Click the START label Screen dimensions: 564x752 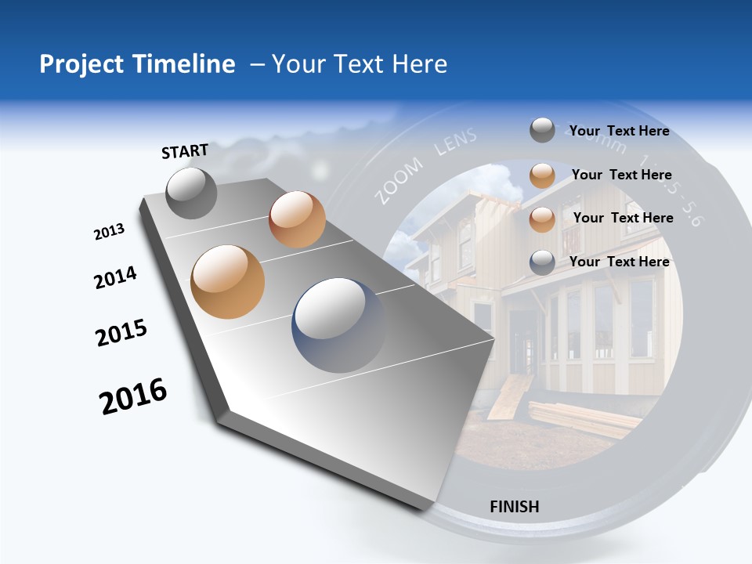pyautogui.click(x=185, y=151)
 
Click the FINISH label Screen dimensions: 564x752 pyautogui.click(x=514, y=507)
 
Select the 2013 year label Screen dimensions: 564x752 pyautogui.click(x=109, y=232)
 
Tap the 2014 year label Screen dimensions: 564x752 pyautogui.click(x=115, y=278)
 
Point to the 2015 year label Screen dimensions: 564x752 pyautogui.click(x=121, y=333)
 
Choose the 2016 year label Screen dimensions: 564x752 pyautogui.click(x=133, y=396)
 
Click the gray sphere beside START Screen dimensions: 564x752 pyautogui.click(x=191, y=193)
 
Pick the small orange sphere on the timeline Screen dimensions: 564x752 pyautogui.click(x=297, y=219)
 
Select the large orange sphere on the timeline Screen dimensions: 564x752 pyautogui.click(x=228, y=281)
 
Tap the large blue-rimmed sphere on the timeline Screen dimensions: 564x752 pyautogui.click(x=338, y=325)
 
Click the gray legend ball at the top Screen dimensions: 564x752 pyautogui.click(x=542, y=131)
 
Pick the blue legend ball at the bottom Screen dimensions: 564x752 pyautogui.click(x=542, y=262)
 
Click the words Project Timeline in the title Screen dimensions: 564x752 pyautogui.click(x=137, y=64)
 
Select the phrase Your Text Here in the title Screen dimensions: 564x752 pyautogui.click(x=359, y=64)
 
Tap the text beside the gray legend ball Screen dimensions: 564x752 pyautogui.click(x=619, y=132)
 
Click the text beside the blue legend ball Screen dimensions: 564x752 pyautogui.click(x=619, y=262)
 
